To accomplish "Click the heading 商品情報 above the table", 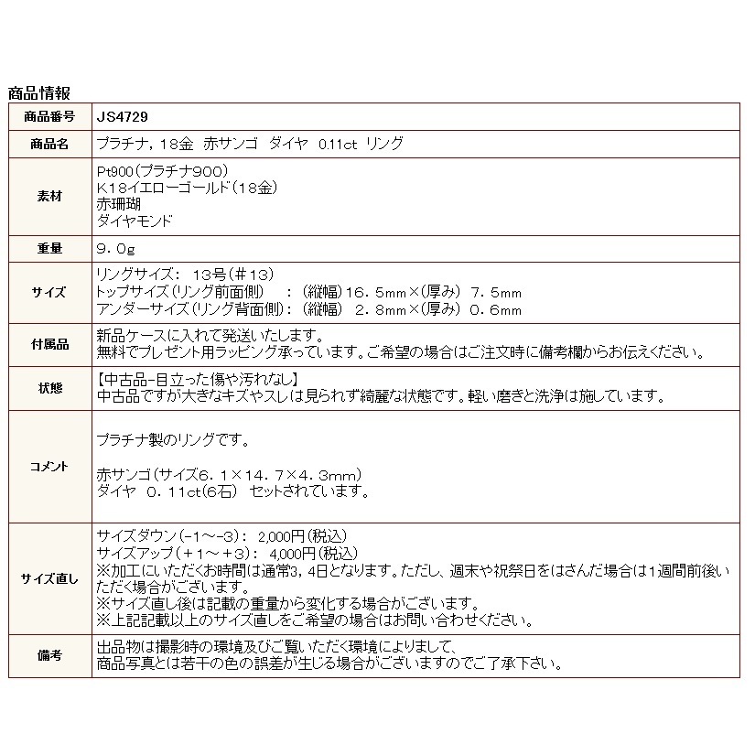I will click(x=39, y=93).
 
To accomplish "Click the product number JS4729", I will click(x=123, y=117).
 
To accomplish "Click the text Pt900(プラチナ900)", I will click(x=161, y=171).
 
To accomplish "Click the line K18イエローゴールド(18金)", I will click(x=187, y=188).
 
